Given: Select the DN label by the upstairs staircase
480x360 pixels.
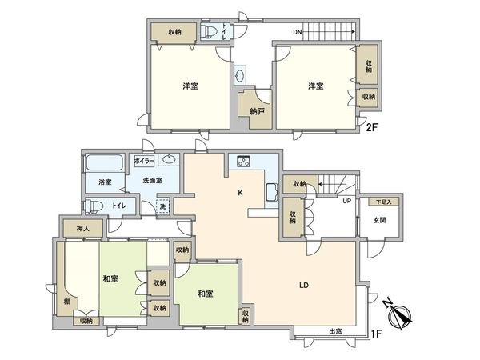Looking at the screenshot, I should pyautogui.click(x=298, y=33).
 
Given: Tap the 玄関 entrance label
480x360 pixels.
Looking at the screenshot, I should pyautogui.click(x=379, y=221).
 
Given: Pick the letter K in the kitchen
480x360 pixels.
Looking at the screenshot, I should pyautogui.click(x=240, y=193).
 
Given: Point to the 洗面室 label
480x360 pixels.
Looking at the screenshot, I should pyautogui.click(x=147, y=181).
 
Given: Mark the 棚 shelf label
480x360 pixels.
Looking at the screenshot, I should pyautogui.click(x=65, y=302).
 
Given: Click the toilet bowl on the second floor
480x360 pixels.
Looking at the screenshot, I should pyautogui.click(x=210, y=32).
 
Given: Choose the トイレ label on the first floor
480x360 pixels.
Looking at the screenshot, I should pyautogui.click(x=118, y=206).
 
